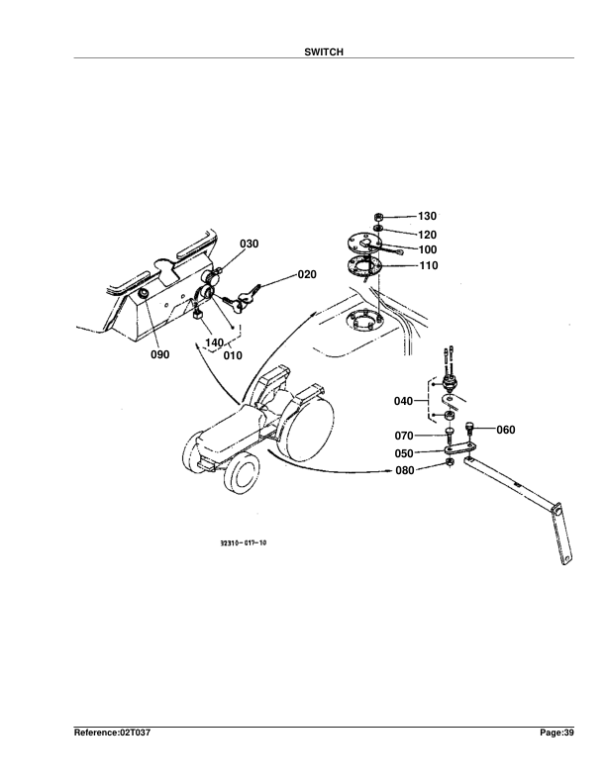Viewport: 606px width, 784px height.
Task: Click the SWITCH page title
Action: coord(324,51)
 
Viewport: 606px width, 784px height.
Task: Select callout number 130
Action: coord(427,216)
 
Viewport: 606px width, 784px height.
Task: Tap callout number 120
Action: coord(427,234)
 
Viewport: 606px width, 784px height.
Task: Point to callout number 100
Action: coord(427,249)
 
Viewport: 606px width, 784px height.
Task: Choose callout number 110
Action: coord(427,265)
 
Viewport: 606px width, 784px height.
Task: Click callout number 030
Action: coord(249,244)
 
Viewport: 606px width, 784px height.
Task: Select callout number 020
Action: coord(306,274)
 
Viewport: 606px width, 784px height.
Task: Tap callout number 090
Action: coord(159,353)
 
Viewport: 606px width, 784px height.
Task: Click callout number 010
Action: coord(233,353)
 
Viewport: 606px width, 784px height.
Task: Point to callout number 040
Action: coord(403,401)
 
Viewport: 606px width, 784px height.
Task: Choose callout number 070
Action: coord(404,435)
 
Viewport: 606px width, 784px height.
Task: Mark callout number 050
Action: coord(404,452)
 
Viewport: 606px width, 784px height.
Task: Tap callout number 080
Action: coord(404,470)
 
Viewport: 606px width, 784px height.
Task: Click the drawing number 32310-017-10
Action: coord(244,543)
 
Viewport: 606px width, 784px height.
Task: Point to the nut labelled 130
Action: coord(378,216)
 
